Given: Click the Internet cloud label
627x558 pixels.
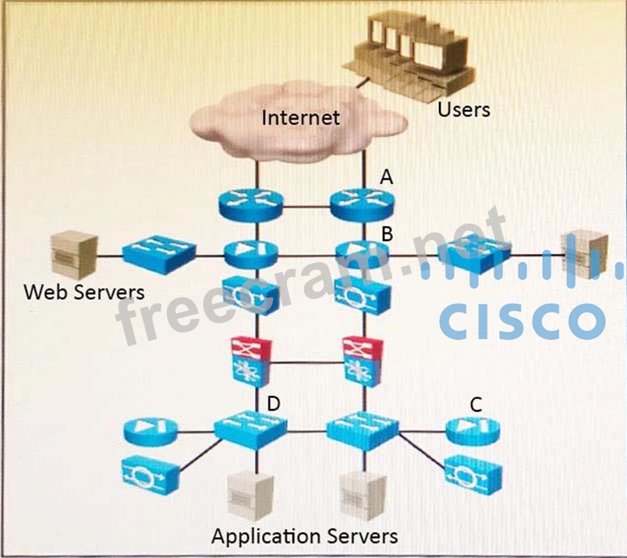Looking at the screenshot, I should click(x=300, y=118).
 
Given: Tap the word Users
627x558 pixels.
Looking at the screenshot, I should click(x=463, y=109).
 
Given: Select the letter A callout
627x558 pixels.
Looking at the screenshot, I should click(x=385, y=178).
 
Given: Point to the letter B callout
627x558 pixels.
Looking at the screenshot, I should click(x=385, y=232).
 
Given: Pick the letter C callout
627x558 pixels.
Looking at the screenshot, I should click(x=475, y=404).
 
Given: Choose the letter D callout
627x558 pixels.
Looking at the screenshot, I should click(x=273, y=404).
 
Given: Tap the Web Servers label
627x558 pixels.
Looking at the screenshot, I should click(x=84, y=292).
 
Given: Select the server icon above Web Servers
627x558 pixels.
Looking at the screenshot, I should click(x=73, y=254).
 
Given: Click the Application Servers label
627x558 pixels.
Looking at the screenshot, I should click(x=305, y=536).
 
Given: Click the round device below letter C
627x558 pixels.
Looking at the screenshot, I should click(x=475, y=428).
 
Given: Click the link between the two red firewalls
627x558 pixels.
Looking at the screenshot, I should click(x=306, y=362).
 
